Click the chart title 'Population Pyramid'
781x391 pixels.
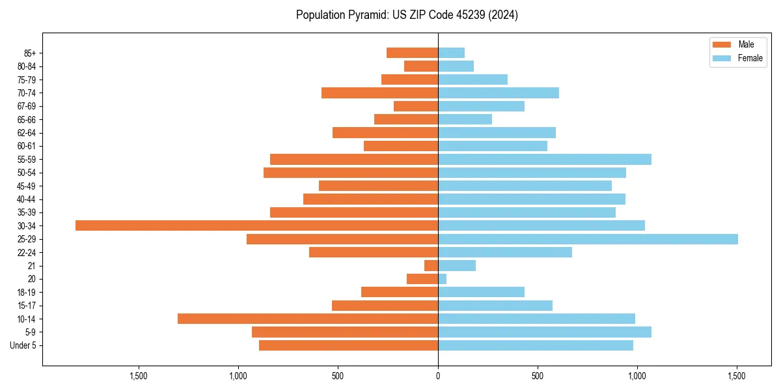click(407, 15)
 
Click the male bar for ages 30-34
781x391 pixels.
click(256, 225)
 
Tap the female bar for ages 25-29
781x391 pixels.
click(588, 239)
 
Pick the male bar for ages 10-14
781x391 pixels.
click(308, 319)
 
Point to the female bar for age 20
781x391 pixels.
click(443, 279)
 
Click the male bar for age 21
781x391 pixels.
click(432, 266)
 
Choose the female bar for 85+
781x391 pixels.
click(452, 53)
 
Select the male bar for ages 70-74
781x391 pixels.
click(379, 93)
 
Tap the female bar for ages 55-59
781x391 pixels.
click(545, 160)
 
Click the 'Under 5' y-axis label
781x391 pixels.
click(23, 345)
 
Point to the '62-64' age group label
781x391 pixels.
click(27, 133)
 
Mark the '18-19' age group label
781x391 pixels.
click(27, 293)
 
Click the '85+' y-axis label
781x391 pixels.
click(29, 53)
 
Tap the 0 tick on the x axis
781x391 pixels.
click(438, 376)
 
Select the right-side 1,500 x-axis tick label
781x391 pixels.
click(737, 376)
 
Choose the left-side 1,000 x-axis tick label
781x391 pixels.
click(238, 376)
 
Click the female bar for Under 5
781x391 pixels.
click(536, 345)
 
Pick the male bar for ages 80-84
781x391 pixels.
click(421, 66)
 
